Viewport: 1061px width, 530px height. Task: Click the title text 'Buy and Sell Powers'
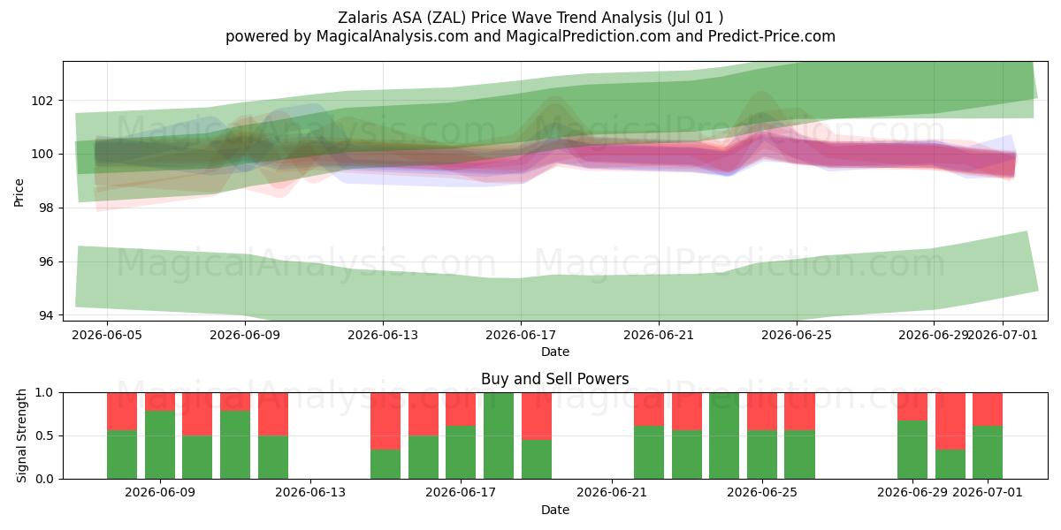(554, 379)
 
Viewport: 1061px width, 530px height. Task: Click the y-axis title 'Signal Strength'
(21, 435)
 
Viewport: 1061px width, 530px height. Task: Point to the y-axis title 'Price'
(19, 193)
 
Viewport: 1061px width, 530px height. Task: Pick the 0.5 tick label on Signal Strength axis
(44, 435)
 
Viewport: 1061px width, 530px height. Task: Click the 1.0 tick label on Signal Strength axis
(44, 393)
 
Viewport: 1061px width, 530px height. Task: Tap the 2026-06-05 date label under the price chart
(107, 335)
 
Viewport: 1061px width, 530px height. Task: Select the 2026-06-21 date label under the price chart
(659, 335)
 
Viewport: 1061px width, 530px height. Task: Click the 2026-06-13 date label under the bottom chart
(310, 493)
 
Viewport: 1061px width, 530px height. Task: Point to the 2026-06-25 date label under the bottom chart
(762, 493)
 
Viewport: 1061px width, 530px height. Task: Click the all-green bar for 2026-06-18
(499, 435)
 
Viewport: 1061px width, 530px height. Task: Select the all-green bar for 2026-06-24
(724, 435)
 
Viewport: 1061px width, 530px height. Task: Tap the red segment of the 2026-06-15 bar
(385, 421)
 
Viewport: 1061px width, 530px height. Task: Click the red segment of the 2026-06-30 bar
(950, 421)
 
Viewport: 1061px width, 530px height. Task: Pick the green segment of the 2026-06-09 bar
(160, 445)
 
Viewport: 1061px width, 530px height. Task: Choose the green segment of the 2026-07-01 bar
(988, 452)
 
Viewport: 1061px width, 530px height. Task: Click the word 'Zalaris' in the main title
(363, 18)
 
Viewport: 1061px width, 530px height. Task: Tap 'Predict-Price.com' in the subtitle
(772, 36)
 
